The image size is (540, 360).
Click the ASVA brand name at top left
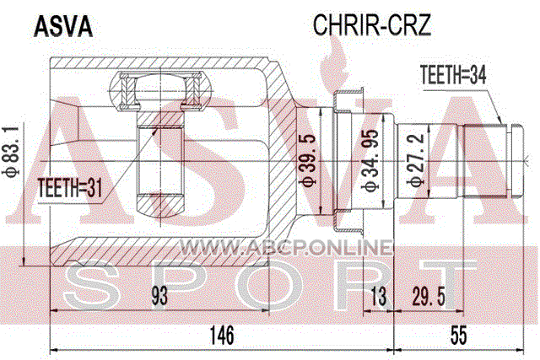click(x=63, y=27)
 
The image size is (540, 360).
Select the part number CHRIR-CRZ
click(x=372, y=24)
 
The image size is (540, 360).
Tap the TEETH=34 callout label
click(x=453, y=75)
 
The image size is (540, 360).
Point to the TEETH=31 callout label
click(x=70, y=188)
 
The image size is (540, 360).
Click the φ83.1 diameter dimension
click(x=11, y=152)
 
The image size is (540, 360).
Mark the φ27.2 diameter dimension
click(x=416, y=160)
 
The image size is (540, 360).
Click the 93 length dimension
click(x=159, y=296)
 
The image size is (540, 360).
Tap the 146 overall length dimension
click(x=222, y=335)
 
